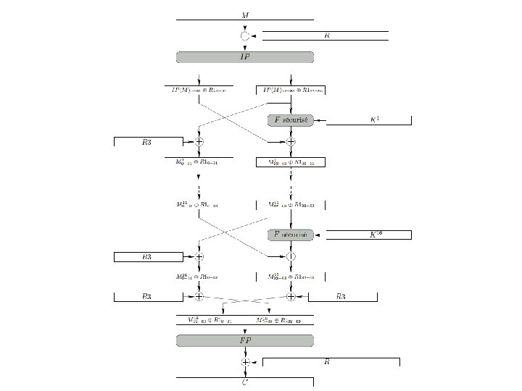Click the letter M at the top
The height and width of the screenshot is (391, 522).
(x=244, y=14)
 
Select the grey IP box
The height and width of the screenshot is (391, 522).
(x=244, y=56)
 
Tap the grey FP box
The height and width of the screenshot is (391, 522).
(x=244, y=340)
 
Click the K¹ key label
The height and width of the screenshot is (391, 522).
(x=374, y=119)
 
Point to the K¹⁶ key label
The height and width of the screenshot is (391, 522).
(x=374, y=234)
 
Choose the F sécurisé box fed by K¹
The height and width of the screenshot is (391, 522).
(x=290, y=119)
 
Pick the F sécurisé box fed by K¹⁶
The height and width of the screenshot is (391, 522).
(x=290, y=235)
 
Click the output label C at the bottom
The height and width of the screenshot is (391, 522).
(x=244, y=382)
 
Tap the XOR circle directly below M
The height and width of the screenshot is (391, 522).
(x=244, y=35)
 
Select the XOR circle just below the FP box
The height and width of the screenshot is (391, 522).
(x=245, y=362)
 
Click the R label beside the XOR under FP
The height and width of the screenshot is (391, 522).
(x=328, y=361)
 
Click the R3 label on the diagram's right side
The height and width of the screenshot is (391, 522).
(x=341, y=296)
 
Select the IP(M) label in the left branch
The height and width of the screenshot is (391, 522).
(x=198, y=90)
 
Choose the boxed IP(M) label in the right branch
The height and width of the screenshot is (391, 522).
(x=290, y=90)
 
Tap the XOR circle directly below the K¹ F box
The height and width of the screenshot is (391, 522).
(x=290, y=142)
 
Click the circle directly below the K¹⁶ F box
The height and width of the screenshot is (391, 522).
(x=290, y=256)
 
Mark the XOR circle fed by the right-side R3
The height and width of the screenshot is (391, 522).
(x=290, y=296)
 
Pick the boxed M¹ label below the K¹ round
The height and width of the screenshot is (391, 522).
(x=290, y=163)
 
